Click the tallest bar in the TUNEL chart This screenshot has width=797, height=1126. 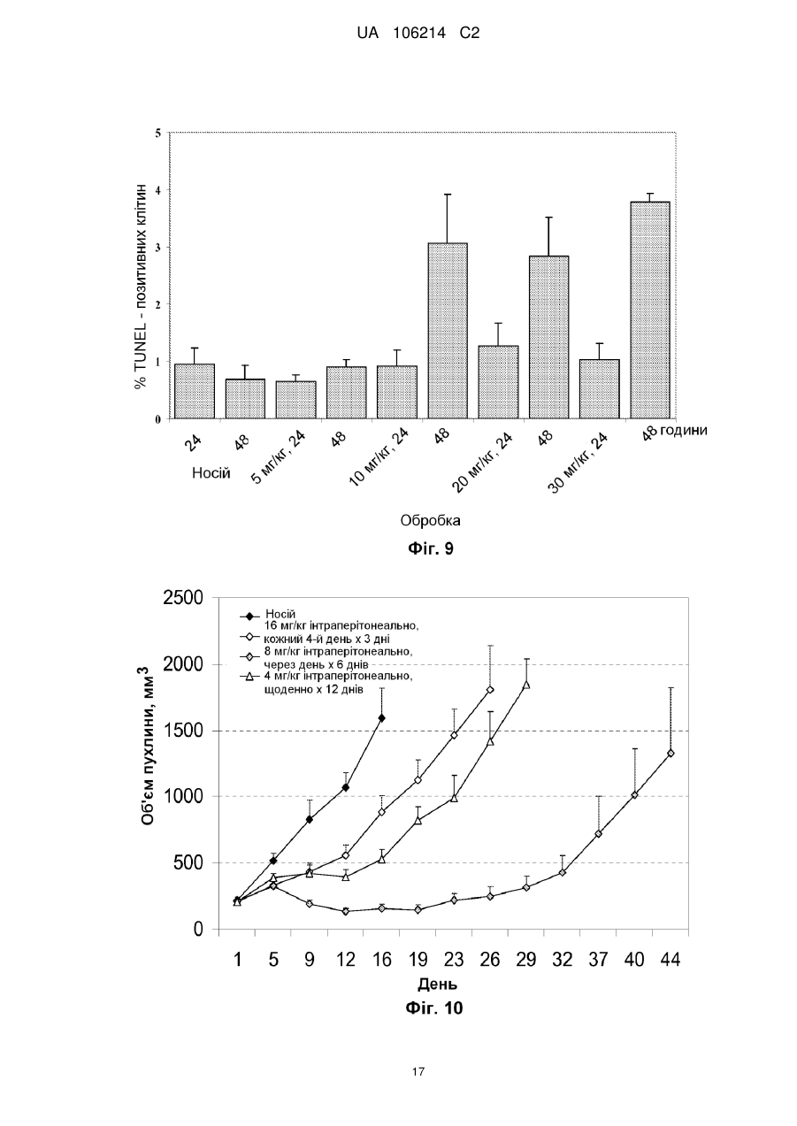(649, 310)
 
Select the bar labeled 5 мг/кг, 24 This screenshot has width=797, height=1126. (295, 400)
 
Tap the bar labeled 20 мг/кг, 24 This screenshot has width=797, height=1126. (498, 382)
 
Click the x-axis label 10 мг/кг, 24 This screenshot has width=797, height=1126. (379, 457)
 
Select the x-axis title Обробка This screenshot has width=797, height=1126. (430, 520)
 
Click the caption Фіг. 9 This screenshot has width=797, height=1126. (431, 548)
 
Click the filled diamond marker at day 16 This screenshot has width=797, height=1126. (381, 718)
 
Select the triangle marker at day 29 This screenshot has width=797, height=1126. (526, 685)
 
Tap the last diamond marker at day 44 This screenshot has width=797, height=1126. (671, 753)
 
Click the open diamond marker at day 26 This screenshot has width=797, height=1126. (490, 689)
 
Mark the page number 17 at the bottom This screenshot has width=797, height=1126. (418, 1072)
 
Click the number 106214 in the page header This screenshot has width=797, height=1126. (419, 34)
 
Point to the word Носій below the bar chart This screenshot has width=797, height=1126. (211, 473)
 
